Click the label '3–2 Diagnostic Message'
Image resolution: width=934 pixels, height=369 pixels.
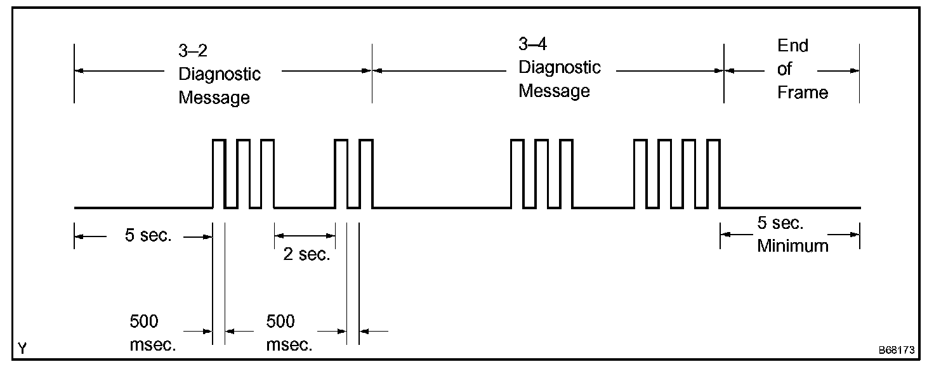[219, 74]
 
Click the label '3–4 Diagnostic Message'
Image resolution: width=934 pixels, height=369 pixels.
[559, 68]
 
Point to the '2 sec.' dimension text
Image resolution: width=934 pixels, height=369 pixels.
[306, 255]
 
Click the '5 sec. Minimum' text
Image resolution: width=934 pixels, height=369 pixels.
[792, 235]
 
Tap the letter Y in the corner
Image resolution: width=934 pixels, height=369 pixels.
[23, 348]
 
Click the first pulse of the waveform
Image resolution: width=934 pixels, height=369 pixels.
[219, 173]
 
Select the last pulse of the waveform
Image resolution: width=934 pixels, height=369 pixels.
[714, 173]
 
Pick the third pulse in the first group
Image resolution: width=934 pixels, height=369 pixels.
[267, 173]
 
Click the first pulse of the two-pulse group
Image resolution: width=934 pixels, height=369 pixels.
[341, 173]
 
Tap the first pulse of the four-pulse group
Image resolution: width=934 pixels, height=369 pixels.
[641, 173]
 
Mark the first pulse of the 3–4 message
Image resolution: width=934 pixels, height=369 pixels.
[518, 173]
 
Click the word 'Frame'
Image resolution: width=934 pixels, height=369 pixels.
[803, 93]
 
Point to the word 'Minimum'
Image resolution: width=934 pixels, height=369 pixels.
[793, 246]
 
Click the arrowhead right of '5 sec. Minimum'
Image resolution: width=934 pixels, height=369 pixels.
[856, 235]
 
